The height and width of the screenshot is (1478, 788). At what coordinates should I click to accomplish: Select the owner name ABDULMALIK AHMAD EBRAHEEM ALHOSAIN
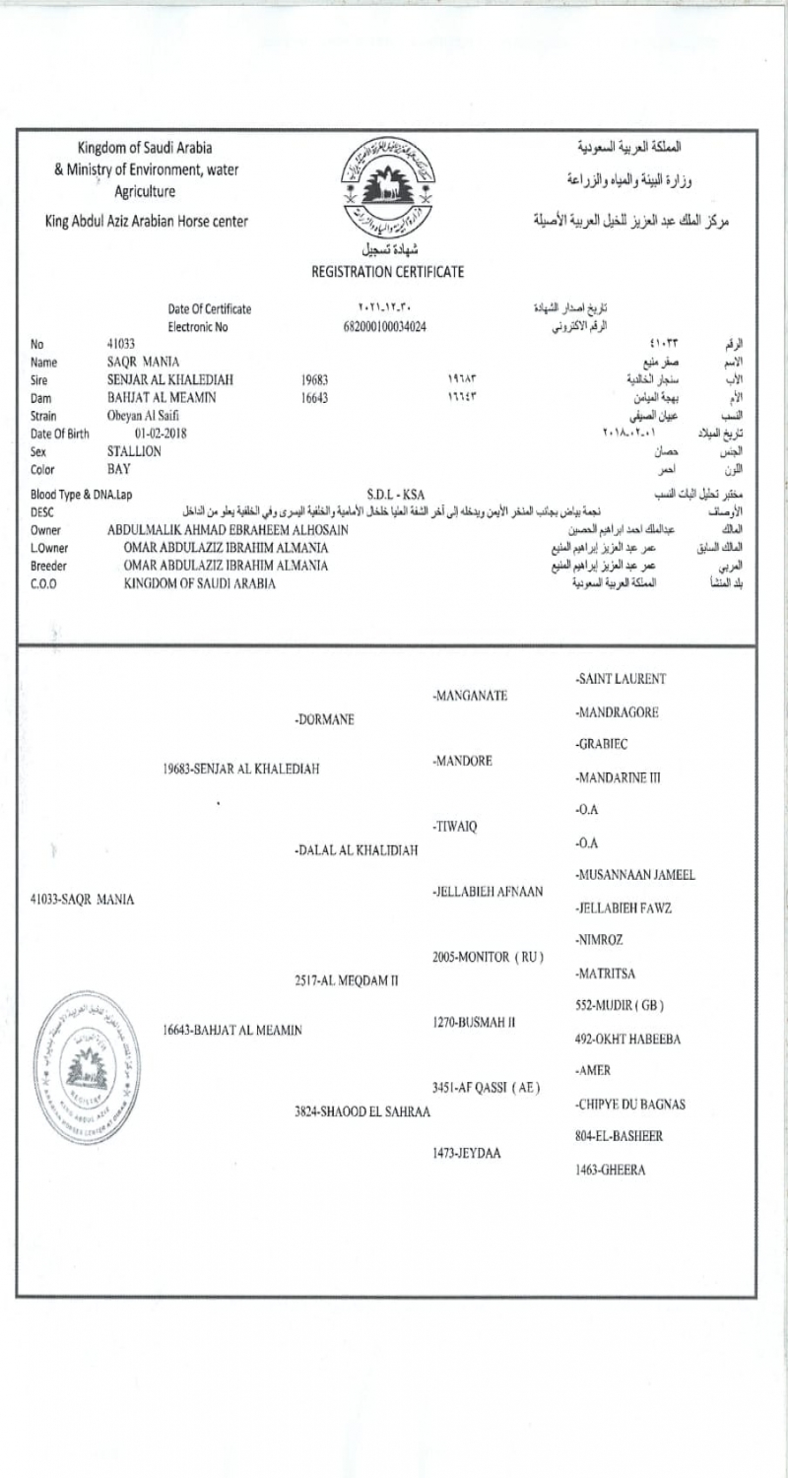pos(230,530)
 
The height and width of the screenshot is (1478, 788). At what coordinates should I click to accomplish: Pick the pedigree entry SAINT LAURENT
pos(621,680)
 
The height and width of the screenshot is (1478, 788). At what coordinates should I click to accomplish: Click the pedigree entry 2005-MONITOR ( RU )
pos(489,958)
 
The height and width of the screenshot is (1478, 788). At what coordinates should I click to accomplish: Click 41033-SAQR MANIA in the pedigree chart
pos(76,900)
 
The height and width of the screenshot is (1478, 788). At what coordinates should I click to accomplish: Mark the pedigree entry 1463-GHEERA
pos(611,1170)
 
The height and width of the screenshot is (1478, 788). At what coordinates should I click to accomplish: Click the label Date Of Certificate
pos(209,308)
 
